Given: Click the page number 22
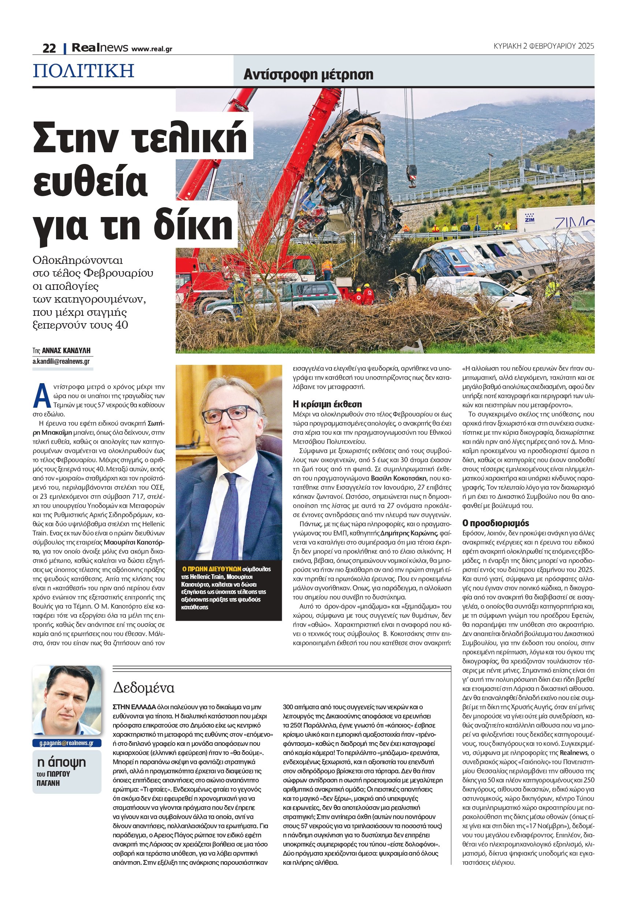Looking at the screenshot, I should tap(49, 48).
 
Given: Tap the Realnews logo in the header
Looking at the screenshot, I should tap(100, 48).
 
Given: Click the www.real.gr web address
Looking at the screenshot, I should tap(152, 49).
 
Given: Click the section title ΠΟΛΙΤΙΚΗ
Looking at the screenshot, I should tap(84, 71).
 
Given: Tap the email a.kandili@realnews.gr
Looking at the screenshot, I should tap(61, 361).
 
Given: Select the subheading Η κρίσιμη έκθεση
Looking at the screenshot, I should tap(327, 404).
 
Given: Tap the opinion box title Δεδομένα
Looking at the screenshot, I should tap(143, 688).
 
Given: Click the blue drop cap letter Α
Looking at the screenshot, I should tap(40, 396).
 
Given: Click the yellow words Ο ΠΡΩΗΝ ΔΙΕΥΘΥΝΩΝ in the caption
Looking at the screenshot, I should tap(211, 569).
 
